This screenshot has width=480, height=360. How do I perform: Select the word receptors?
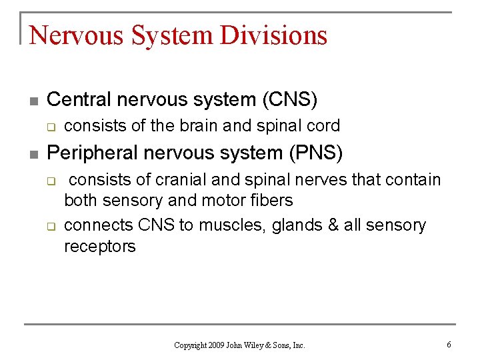(100, 247)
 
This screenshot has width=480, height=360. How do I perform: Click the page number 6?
(449, 345)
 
